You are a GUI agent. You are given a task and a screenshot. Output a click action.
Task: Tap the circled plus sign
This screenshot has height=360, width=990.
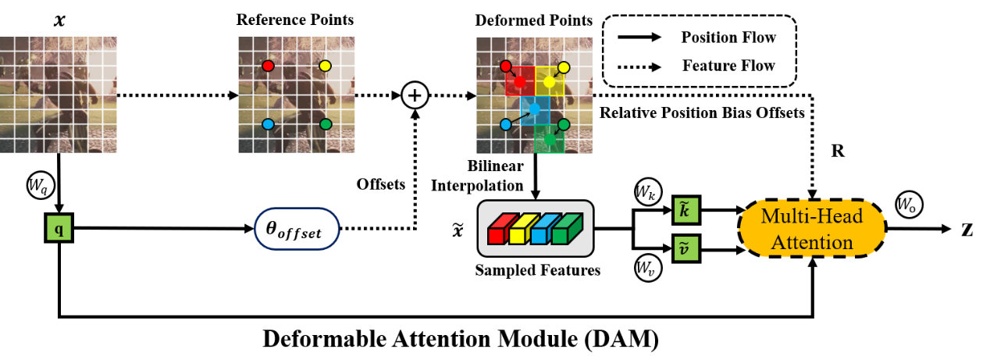[415, 96]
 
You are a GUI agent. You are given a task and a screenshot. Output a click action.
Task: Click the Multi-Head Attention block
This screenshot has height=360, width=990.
[812, 227]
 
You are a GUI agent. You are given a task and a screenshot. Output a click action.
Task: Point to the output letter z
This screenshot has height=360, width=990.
[967, 228]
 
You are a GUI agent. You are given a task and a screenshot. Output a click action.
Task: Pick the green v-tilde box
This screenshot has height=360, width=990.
[683, 249]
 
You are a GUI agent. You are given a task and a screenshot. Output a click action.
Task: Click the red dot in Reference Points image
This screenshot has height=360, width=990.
[268, 66]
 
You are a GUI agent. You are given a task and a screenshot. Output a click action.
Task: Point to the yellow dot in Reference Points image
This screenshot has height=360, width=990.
[325, 66]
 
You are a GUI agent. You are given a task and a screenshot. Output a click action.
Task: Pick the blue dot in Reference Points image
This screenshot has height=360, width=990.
[268, 124]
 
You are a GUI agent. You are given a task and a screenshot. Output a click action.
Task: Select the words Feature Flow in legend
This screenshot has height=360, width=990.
[728, 66]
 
